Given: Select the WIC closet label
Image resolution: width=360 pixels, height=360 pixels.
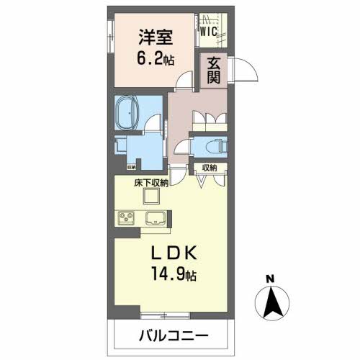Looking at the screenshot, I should [210, 31].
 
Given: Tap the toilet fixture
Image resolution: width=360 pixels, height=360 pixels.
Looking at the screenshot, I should [214, 145].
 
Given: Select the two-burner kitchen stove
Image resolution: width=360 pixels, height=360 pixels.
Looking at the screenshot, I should [124, 217].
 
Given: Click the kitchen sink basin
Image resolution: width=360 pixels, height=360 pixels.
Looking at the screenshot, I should [156, 217].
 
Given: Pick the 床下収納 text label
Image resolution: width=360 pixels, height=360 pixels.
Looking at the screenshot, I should [152, 184].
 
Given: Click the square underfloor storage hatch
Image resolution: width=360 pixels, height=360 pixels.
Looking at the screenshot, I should [152, 196].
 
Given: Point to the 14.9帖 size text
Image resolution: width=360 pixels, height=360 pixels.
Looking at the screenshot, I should [174, 275].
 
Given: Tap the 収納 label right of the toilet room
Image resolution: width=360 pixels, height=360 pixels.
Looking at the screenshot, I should [209, 167].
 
